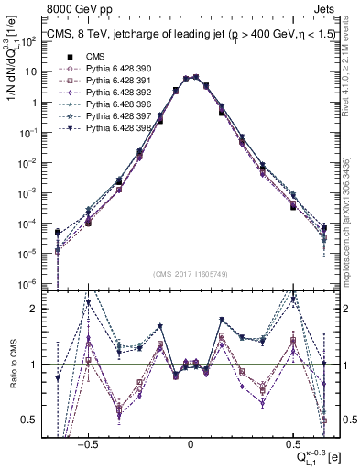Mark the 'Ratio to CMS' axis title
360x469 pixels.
(x=13, y=377)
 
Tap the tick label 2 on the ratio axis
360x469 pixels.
(x=36, y=309)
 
